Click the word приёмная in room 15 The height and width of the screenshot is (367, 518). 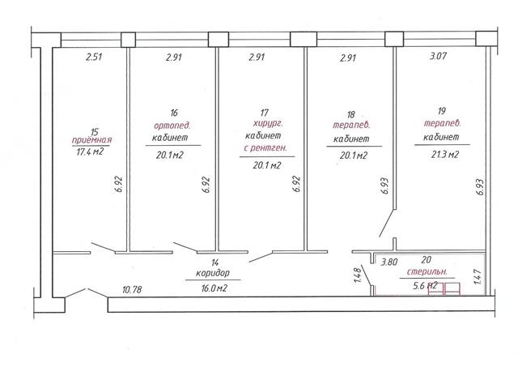point(91,140)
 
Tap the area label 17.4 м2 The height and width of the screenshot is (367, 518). point(90,151)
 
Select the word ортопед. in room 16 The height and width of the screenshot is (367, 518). point(172,126)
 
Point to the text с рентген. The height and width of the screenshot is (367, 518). point(265,147)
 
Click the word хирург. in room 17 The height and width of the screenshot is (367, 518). point(268,124)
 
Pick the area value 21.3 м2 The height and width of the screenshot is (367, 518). point(444,154)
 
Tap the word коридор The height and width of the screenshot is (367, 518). point(212,274)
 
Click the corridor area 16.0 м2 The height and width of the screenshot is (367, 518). point(214,288)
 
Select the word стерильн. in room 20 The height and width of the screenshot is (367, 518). point(427,272)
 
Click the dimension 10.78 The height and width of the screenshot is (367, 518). point(132,290)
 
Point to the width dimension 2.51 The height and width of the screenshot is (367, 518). point(94,57)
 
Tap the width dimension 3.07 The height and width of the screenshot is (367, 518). point(439,56)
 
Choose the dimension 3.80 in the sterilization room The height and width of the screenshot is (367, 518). point(389,262)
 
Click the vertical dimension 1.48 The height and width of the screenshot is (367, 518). point(357,275)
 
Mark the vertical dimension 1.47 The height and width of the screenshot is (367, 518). point(478,276)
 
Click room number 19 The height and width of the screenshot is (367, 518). point(442,111)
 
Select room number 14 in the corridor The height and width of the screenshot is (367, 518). point(215,262)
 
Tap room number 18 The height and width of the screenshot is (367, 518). point(350,114)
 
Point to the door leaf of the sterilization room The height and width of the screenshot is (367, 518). point(367,275)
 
